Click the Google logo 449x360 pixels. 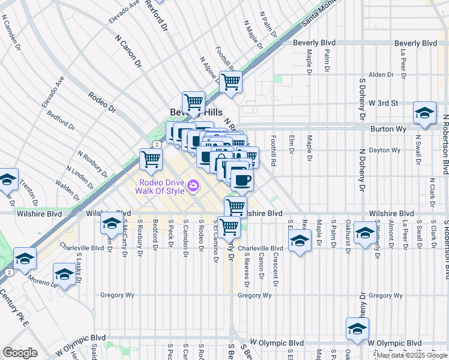pyautogui.click(x=20, y=353)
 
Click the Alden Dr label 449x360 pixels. pyautogui.click(x=381, y=74)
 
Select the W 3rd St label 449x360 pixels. pyautogui.click(x=384, y=103)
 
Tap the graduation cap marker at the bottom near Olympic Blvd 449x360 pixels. pyautogui.click(x=357, y=329)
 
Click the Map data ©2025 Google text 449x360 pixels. pyautogui.click(x=412, y=355)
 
